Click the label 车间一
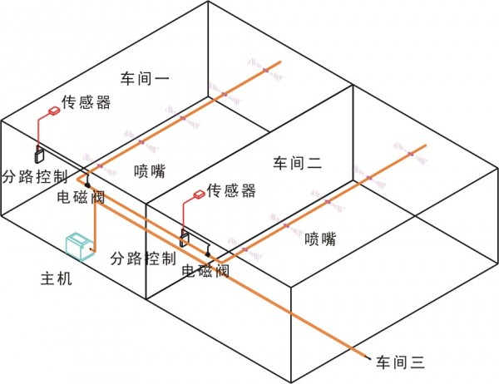coord(145,78)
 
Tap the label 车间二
coord(298,163)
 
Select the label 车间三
coord(400,362)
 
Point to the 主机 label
coord(57,278)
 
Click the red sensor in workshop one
coord(54,111)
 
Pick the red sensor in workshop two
coord(200,194)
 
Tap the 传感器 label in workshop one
coord(86,102)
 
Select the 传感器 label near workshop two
coord(231,190)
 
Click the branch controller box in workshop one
coord(39,155)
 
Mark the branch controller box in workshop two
coord(185,238)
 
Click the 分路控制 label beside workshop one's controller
coord(35,176)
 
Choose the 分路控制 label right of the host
coord(143,258)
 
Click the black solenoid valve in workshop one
coord(87,184)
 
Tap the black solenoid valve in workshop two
coord(207,254)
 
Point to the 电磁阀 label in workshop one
coord(81,196)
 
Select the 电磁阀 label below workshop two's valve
coord(205,271)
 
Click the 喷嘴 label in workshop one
coord(150,171)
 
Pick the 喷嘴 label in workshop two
coord(320,239)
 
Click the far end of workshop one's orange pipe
coord(280,62)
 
